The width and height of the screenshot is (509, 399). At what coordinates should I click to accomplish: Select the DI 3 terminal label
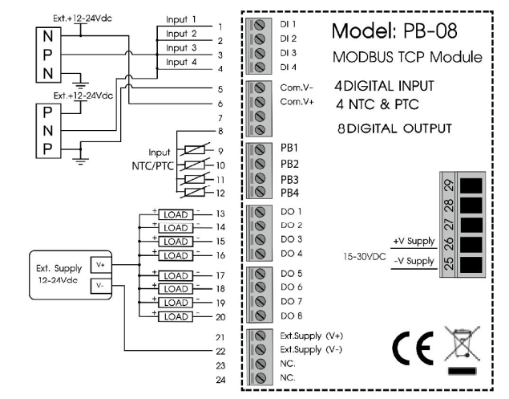point(289,52)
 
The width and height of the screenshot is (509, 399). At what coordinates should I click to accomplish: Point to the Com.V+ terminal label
point(296,103)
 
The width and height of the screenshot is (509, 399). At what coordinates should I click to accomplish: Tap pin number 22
point(219,351)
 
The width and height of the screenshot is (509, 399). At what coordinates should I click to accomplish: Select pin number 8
point(219,130)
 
